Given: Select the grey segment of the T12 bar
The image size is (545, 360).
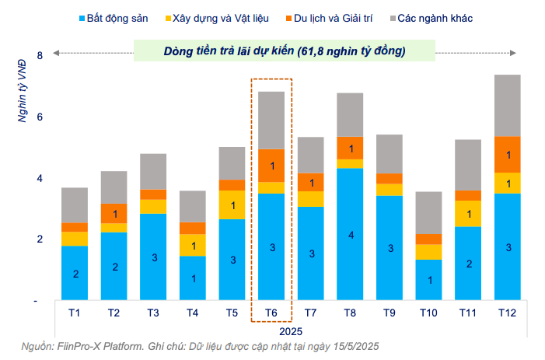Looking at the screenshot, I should (508, 105).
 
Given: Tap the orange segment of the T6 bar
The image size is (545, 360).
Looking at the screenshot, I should (271, 165).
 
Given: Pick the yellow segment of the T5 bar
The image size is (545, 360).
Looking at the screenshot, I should (232, 204).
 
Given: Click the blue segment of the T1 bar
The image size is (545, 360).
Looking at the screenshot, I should (75, 272).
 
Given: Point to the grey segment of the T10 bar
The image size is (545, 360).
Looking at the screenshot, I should (429, 212).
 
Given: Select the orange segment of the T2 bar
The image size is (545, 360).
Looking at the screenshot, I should (114, 213).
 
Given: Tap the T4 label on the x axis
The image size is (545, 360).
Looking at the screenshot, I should (192, 312).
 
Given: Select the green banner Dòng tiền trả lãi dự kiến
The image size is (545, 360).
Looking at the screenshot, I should (285, 51).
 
